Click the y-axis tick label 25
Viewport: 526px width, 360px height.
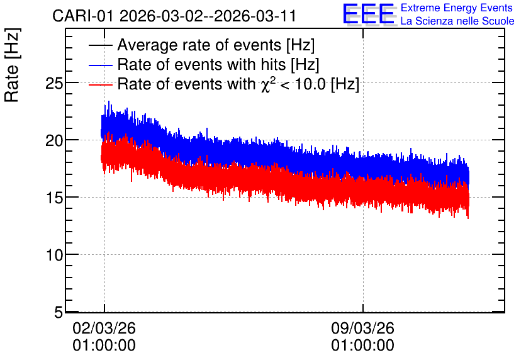[x=54, y=83]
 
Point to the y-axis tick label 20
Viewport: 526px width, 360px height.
[x=54, y=140]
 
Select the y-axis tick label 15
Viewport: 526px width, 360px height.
[x=54, y=198]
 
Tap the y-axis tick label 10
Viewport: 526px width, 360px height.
[x=54, y=256]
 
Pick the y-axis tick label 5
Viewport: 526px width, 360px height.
[x=59, y=313]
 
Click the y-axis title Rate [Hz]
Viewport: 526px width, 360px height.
[x=12, y=65]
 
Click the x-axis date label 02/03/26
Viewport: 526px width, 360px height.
[x=104, y=328]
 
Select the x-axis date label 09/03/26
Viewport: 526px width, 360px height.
[x=362, y=328]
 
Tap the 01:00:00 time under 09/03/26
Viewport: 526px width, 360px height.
[x=362, y=346]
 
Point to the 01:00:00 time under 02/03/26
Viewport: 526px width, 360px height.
[x=104, y=346]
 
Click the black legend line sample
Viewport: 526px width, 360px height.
[x=100, y=45]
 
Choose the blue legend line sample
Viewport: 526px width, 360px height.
[x=100, y=65]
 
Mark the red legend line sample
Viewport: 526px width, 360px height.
[x=100, y=84]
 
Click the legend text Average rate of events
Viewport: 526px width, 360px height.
[x=199, y=45]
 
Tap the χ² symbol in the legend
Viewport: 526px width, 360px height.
[x=268, y=84]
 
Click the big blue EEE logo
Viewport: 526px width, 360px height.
[x=369, y=14]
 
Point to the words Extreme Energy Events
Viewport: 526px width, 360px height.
[x=457, y=8]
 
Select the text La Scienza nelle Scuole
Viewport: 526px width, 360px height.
[x=457, y=21]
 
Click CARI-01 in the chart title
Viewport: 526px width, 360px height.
[x=83, y=16]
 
